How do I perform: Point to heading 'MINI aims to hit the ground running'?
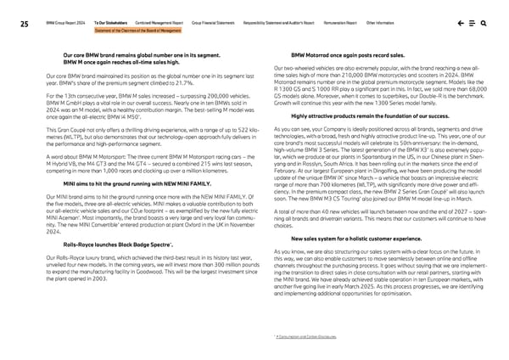coord(131,182)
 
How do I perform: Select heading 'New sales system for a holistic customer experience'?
coord(357,216)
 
